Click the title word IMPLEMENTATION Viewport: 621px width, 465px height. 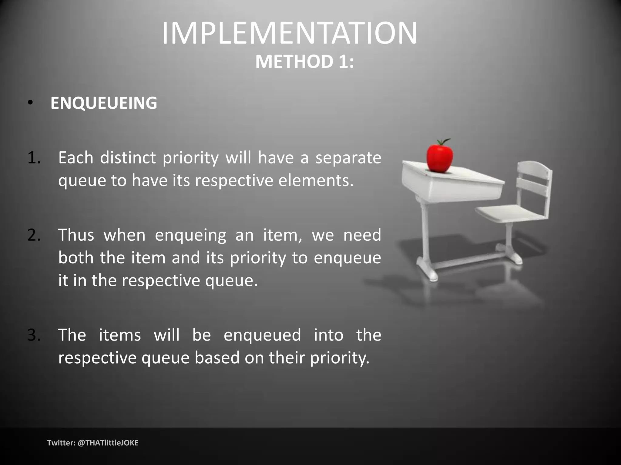[290, 33]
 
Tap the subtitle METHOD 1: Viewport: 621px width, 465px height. [304, 62]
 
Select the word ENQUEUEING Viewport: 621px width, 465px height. [104, 103]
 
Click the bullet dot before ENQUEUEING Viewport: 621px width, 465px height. [29, 103]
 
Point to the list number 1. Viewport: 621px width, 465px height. [34, 158]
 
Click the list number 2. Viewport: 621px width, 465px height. [34, 235]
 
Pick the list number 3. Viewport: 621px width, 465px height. [34, 335]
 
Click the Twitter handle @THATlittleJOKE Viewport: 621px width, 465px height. [108, 443]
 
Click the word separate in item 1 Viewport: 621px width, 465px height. [348, 158]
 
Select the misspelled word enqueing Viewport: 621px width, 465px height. [190, 235]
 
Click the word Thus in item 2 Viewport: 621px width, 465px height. [76, 235]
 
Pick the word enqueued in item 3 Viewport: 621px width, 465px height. [262, 335]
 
